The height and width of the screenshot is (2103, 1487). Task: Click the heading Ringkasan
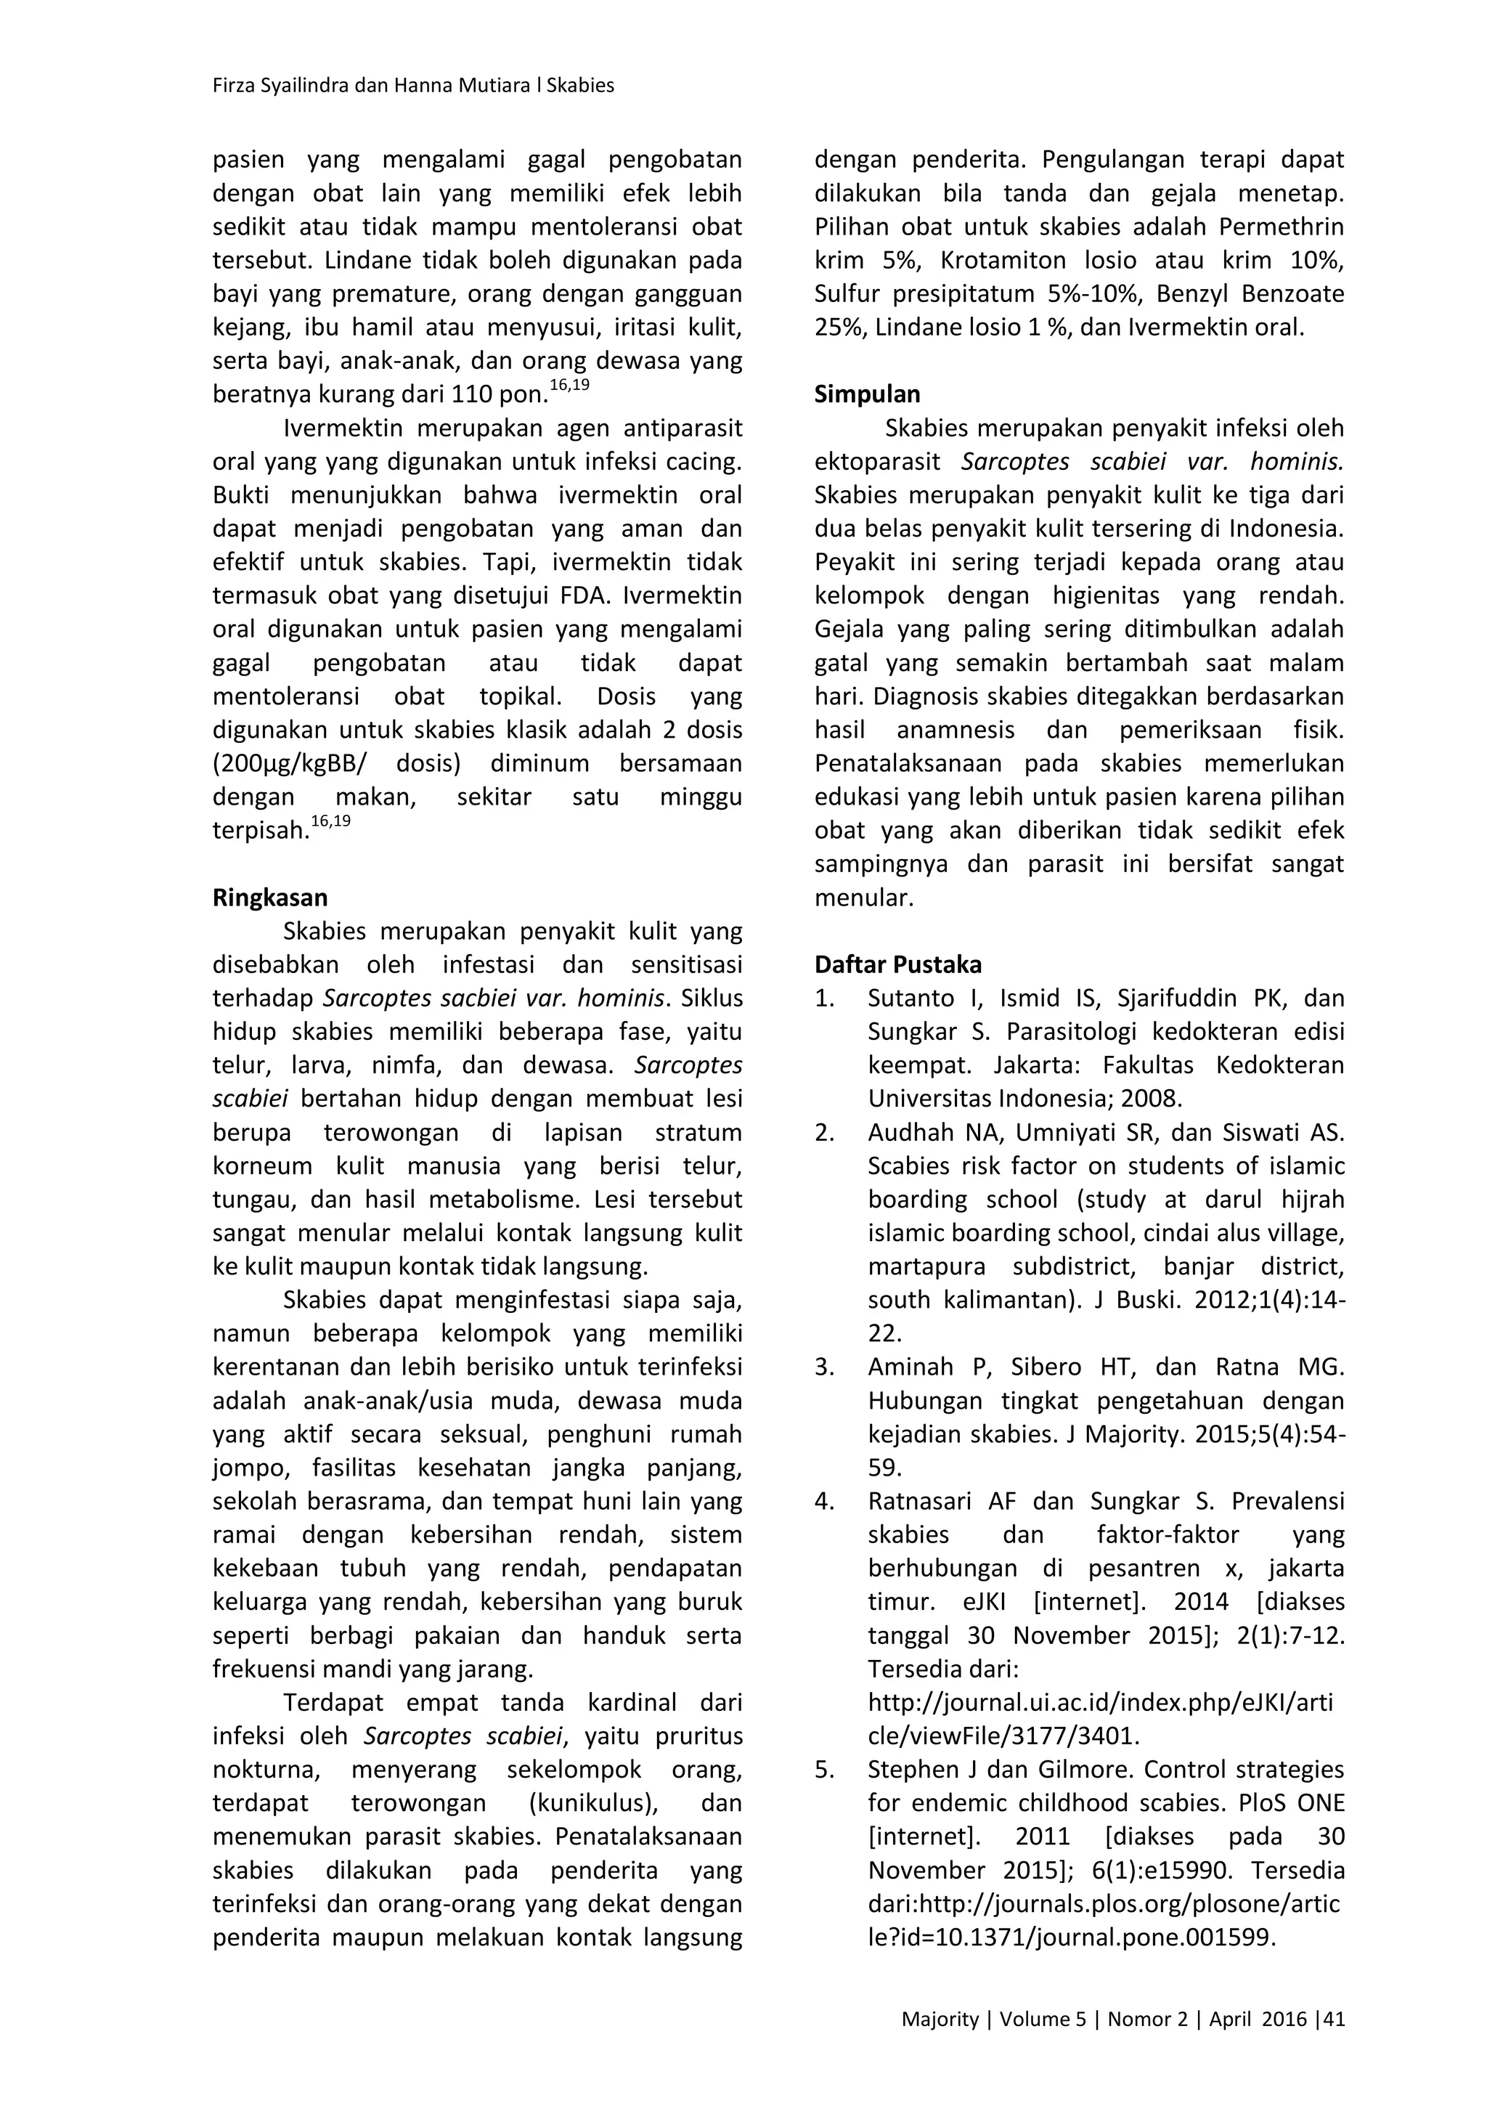click(x=270, y=898)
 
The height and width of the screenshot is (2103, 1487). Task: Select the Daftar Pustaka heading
click(x=897, y=964)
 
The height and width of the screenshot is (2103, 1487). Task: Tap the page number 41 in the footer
click(x=1334, y=2019)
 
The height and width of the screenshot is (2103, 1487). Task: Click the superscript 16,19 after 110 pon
click(x=569, y=386)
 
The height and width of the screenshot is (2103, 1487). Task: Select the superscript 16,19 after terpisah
click(x=330, y=821)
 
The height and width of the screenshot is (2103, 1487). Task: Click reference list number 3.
click(x=824, y=1367)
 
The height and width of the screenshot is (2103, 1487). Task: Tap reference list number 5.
click(x=824, y=1770)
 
